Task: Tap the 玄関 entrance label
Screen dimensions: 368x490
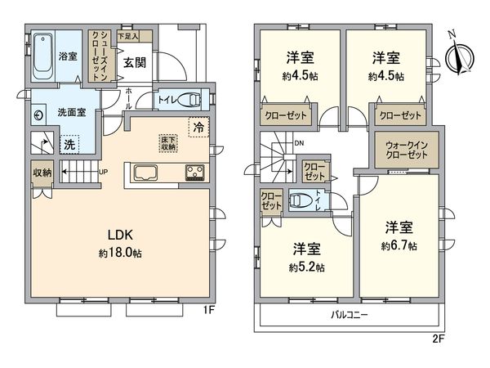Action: tap(134, 63)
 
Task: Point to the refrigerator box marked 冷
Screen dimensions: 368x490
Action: tap(198, 127)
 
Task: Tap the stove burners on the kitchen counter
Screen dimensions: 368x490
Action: tap(196, 172)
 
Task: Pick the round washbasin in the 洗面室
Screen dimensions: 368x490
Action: tap(39, 116)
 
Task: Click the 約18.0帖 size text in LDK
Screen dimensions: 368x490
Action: tap(121, 254)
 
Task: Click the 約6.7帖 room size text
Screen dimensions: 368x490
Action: tap(399, 245)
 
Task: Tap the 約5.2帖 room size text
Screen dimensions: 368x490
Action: tap(304, 267)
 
